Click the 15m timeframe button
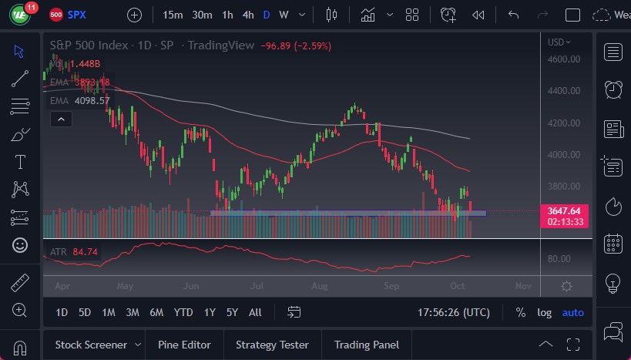173,15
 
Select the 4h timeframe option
247,15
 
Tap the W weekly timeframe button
284,15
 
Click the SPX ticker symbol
77,15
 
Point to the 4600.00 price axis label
563,59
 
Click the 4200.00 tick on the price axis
563,123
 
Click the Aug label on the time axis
321,286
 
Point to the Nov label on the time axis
523,286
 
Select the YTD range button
183,312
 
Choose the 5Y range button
232,312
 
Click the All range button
255,312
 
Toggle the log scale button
544,312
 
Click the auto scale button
572,312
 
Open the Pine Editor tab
184,345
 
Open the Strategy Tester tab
272,345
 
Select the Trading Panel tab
366,345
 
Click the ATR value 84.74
79,251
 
